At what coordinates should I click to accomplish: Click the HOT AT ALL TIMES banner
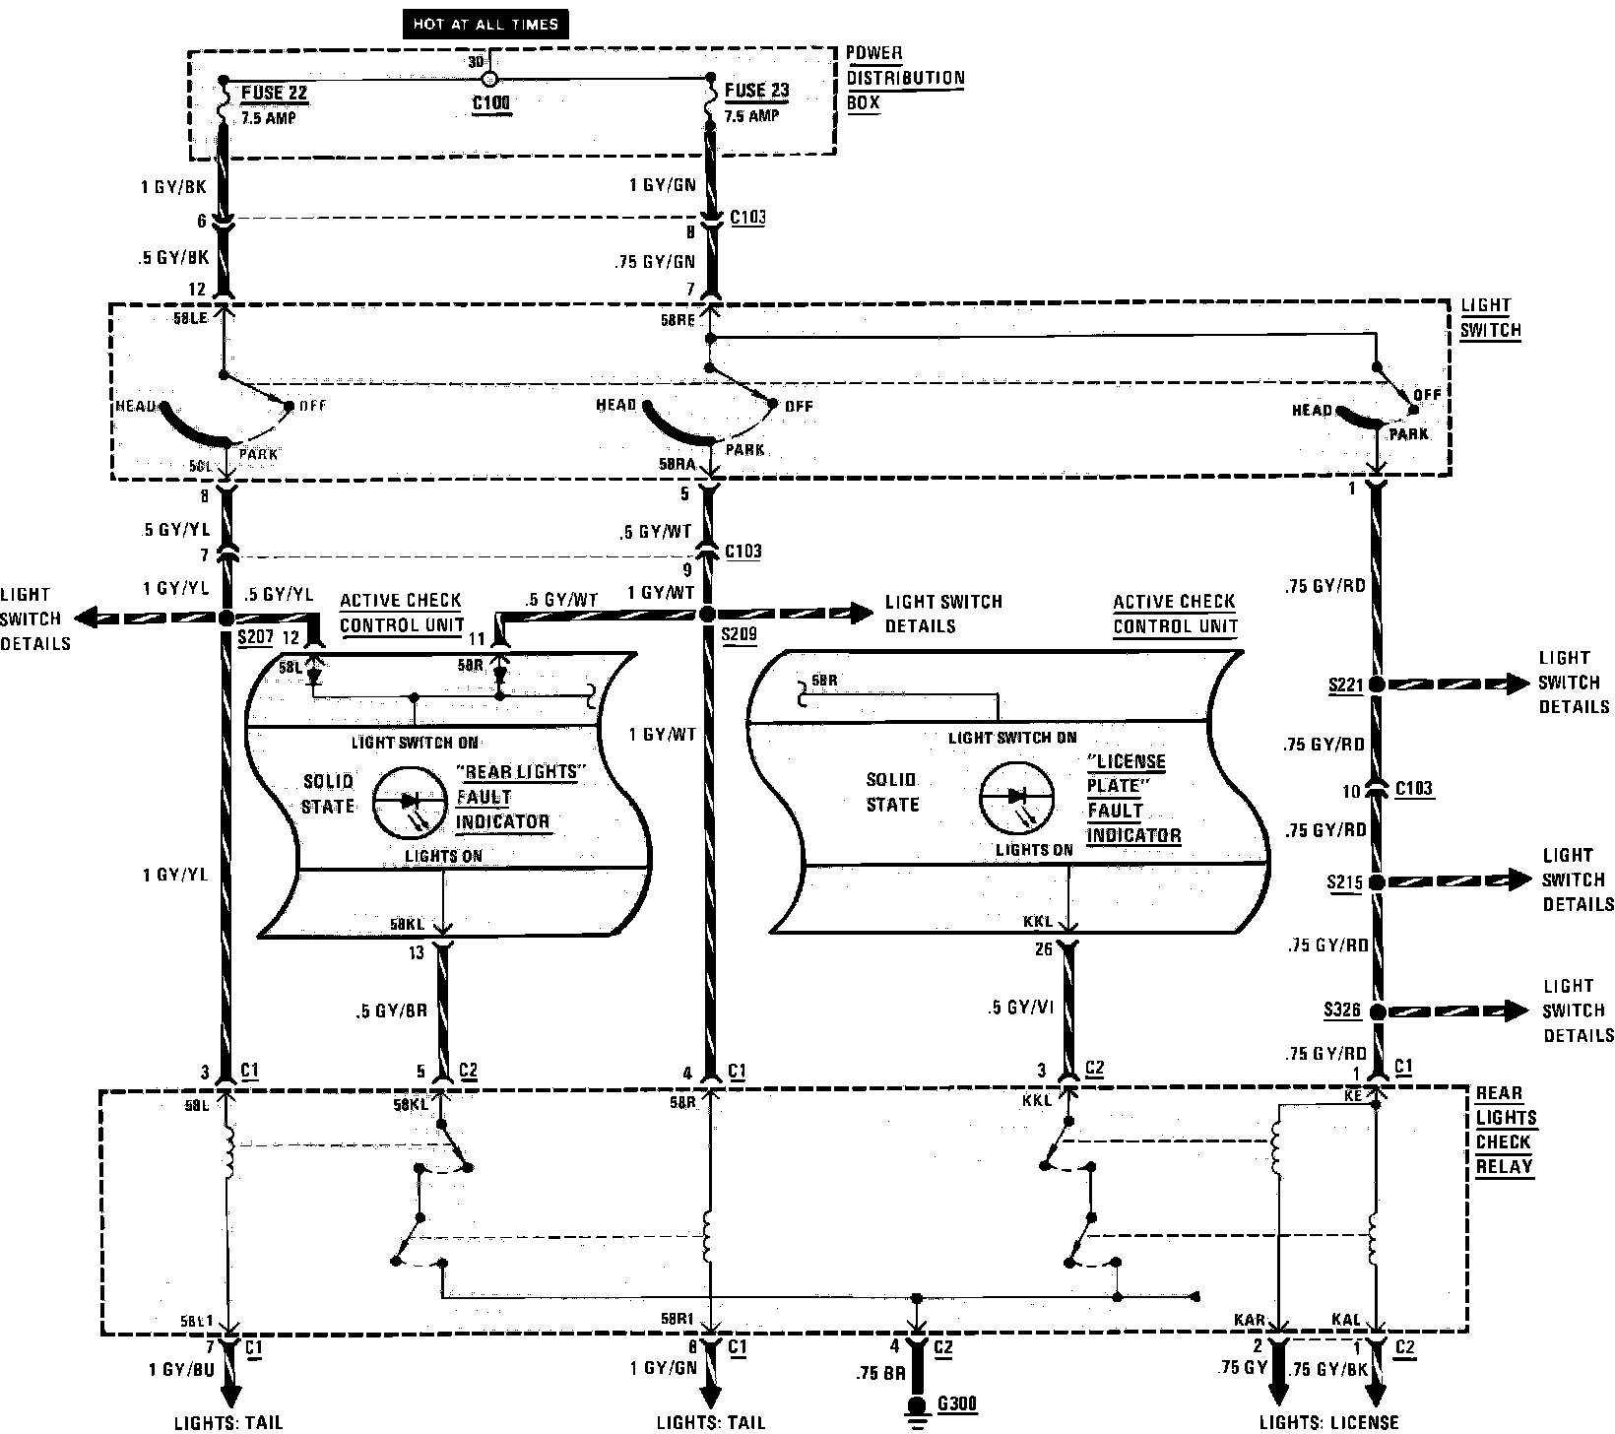485,25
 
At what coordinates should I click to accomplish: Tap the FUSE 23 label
756,91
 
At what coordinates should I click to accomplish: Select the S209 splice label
739,634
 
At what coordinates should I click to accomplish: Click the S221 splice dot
1377,684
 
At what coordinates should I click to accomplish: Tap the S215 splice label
1344,882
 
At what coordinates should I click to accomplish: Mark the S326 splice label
1344,1010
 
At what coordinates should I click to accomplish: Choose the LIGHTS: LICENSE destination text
1328,1422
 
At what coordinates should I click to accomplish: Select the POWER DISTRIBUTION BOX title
905,78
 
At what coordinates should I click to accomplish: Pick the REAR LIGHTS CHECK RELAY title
1505,1130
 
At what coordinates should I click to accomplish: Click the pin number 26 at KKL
1044,949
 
